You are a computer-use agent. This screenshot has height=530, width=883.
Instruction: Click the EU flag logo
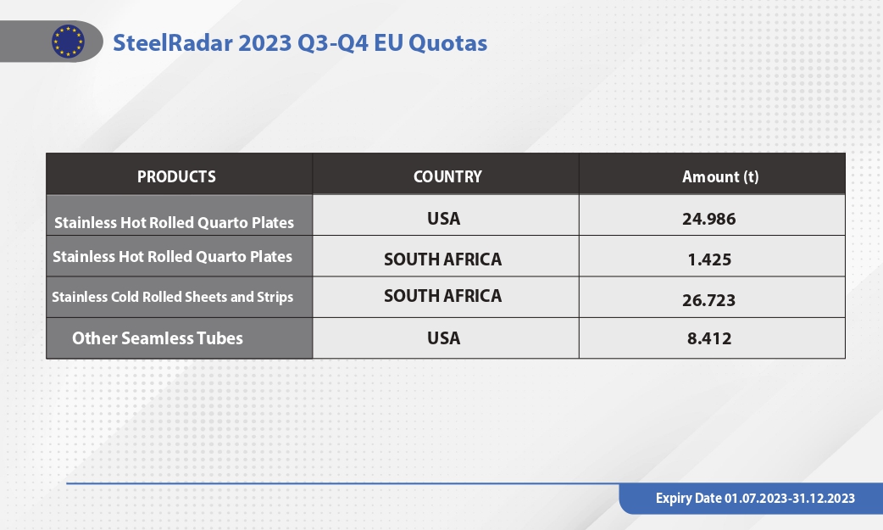(x=68, y=42)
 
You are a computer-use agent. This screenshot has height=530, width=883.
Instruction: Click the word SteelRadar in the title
(x=173, y=43)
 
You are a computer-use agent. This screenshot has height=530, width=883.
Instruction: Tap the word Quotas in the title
(x=447, y=43)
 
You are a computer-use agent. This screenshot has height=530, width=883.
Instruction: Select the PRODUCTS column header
(x=176, y=176)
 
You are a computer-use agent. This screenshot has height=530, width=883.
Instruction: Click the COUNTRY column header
(x=447, y=176)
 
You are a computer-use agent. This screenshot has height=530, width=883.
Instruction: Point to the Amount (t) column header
(x=720, y=176)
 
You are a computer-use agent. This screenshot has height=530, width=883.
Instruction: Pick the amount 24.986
(x=709, y=219)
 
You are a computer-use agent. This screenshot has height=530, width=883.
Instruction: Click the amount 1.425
(x=709, y=259)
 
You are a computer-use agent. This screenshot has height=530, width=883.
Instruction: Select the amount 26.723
(x=709, y=300)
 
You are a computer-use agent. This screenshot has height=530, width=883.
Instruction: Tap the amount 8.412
(x=709, y=338)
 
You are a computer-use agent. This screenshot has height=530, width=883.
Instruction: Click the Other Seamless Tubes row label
(x=158, y=338)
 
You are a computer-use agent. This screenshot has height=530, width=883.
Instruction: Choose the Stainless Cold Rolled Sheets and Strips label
(x=172, y=297)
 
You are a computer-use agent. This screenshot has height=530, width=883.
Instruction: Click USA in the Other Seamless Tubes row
(x=444, y=338)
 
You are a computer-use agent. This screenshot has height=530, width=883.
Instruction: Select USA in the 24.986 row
(x=444, y=219)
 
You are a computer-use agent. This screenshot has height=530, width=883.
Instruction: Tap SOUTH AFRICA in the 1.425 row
(x=442, y=259)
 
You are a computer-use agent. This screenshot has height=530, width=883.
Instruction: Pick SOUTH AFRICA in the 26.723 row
(x=442, y=296)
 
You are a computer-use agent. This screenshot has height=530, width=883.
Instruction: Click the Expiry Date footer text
(x=755, y=499)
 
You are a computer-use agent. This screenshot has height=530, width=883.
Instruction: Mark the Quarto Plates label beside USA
(x=174, y=223)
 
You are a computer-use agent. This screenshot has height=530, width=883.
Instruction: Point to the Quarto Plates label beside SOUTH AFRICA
(x=172, y=257)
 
